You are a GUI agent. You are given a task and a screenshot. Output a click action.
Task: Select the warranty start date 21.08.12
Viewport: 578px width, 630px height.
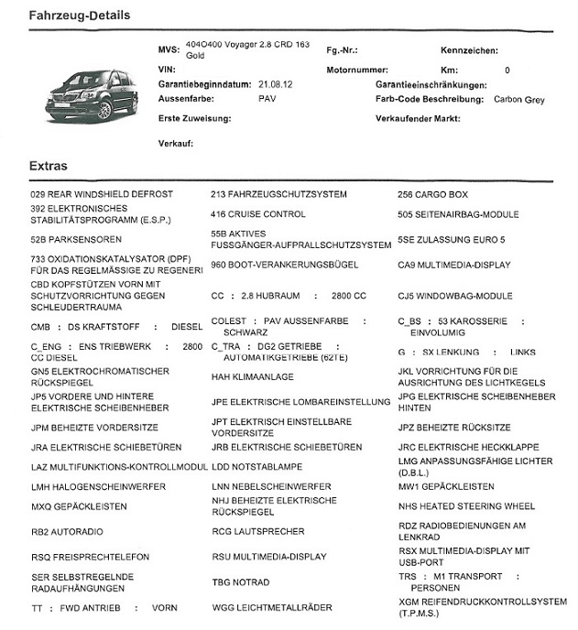pos(275,83)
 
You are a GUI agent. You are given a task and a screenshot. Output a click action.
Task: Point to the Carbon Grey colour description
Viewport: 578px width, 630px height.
pos(518,98)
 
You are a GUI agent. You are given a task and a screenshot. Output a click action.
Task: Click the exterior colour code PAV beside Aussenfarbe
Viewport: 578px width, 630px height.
pos(267,97)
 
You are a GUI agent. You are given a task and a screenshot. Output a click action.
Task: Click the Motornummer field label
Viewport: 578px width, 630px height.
pos(357,70)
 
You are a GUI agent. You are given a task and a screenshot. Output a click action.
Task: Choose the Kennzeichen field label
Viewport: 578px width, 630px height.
pos(471,49)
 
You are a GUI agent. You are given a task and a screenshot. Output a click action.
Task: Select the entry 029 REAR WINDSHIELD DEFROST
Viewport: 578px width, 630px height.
pos(102,194)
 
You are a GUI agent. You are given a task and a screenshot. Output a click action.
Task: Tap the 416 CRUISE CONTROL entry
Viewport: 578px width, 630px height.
pos(258,214)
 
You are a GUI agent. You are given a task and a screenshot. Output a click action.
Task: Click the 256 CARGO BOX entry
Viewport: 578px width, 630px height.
pos(432,194)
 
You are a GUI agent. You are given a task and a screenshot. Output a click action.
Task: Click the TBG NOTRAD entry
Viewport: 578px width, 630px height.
pos(241,581)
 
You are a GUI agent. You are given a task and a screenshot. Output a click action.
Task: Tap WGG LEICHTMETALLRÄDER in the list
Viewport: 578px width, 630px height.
pos(272,607)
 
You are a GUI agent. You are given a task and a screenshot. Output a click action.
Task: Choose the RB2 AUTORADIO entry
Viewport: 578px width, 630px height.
pos(67,531)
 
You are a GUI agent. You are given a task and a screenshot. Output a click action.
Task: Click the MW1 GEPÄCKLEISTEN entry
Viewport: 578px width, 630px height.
pos(446,486)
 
